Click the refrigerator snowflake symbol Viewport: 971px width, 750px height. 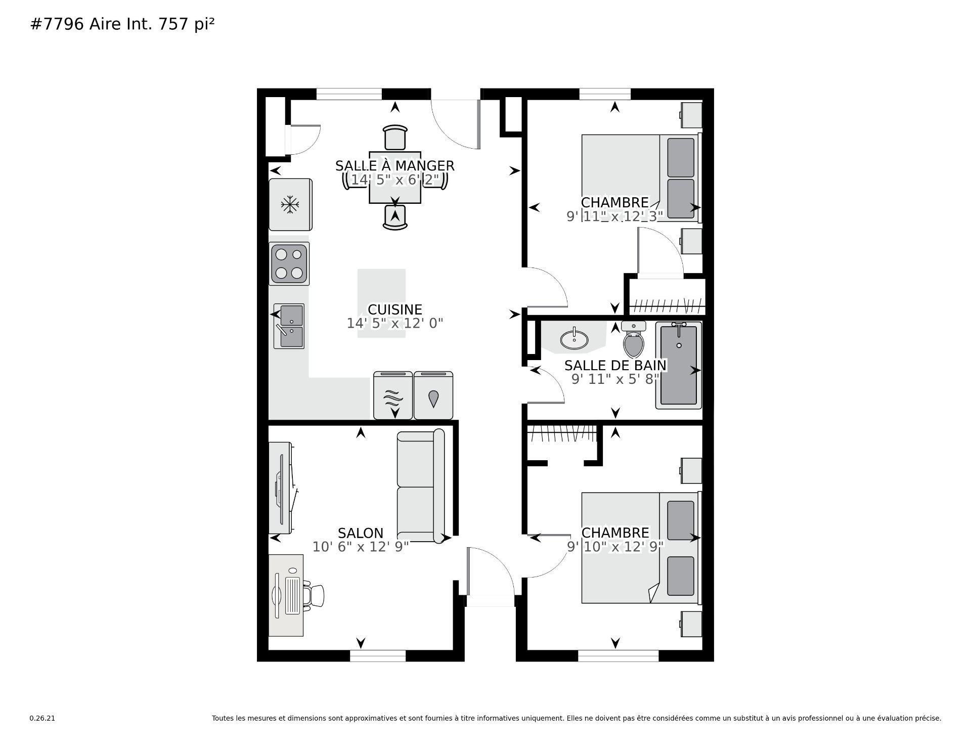click(290, 205)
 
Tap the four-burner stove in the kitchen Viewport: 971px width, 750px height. click(289, 263)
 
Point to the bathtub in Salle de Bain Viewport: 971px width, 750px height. click(679, 365)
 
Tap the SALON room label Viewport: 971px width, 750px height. click(361, 533)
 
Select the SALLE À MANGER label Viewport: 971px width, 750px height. click(395, 165)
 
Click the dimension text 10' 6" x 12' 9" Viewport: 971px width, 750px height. click(361, 547)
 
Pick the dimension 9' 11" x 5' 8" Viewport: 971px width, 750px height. click(615, 379)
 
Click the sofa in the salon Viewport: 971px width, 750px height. click(421, 486)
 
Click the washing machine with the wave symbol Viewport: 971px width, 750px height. click(393, 395)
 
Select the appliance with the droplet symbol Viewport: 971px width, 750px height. click(433, 395)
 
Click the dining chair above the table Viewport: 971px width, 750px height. click(395, 137)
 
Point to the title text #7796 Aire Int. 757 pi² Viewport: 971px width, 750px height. click(123, 25)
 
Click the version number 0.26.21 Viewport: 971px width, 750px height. click(42, 718)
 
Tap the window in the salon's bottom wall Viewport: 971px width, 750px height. click(378, 656)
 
